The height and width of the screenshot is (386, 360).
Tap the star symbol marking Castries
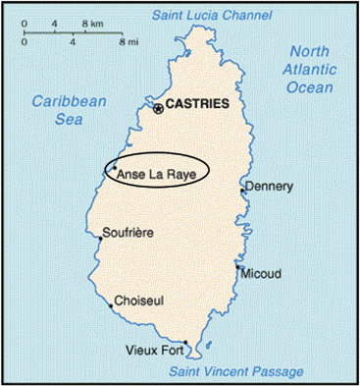pyautogui.click(x=157, y=104)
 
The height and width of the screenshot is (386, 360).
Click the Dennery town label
pyautogui.click(x=269, y=186)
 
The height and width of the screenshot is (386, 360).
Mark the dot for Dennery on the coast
pyautogui.click(x=242, y=192)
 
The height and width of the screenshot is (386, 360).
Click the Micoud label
pyautogui.click(x=265, y=272)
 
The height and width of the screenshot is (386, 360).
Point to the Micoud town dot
pyautogui.click(x=237, y=266)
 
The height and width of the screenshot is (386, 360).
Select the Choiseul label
pyautogui.click(x=141, y=299)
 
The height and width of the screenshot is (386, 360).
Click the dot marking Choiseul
pyautogui.click(x=111, y=305)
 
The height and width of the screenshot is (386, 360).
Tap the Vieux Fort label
pyautogui.click(x=154, y=349)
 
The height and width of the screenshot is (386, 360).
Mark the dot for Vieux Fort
pyautogui.click(x=184, y=343)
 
